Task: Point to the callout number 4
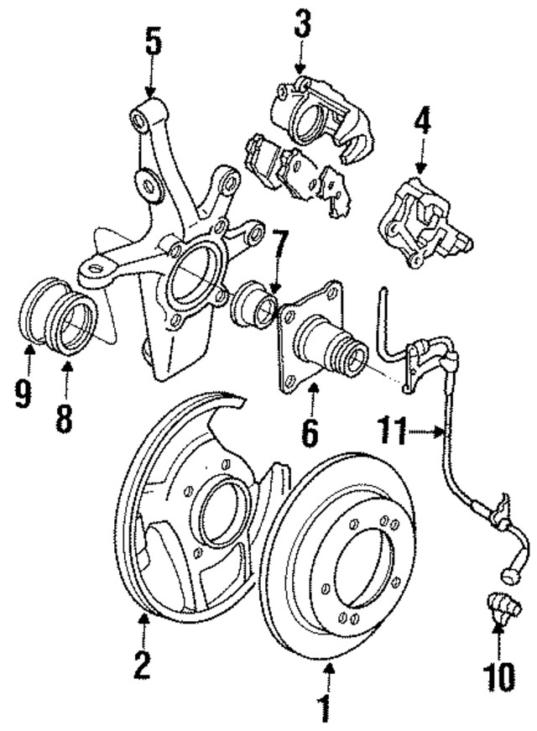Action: (x=422, y=125)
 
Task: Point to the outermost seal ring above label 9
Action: (x=35, y=316)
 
